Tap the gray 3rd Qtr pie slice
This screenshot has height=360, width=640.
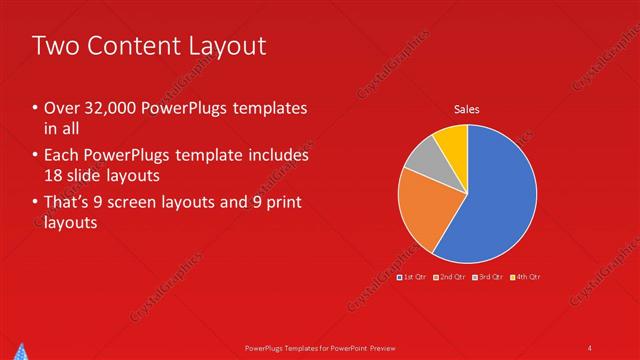point(422,155)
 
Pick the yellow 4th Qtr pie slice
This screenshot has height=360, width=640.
point(452,139)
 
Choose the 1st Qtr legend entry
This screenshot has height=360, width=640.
point(414,276)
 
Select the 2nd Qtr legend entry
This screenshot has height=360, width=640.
point(452,276)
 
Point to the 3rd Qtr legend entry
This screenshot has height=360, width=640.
point(489,276)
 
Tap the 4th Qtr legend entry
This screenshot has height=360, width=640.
point(526,276)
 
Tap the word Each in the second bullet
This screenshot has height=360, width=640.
point(63,156)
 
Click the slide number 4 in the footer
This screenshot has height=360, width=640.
point(589,347)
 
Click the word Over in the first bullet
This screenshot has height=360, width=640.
point(64,108)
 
